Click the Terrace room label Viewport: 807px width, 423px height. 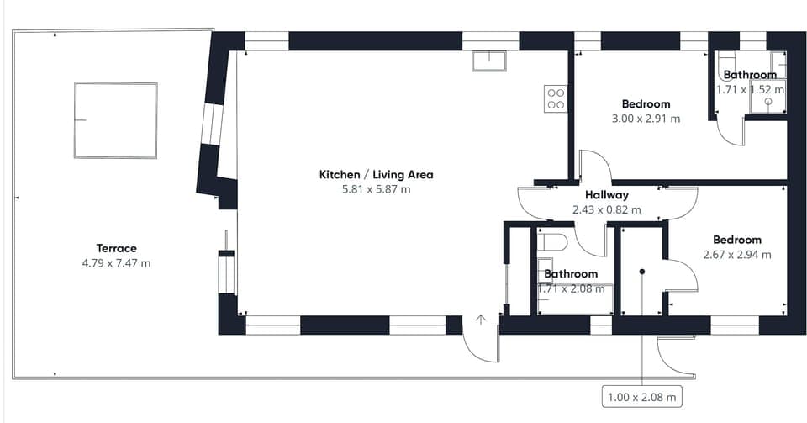pyautogui.click(x=116, y=248)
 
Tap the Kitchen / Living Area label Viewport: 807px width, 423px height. pyautogui.click(x=377, y=174)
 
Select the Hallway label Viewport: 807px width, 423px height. pyautogui.click(x=607, y=195)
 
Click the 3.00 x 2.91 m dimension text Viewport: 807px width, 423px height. pyautogui.click(x=646, y=119)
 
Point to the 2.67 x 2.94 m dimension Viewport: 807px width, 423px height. pyautogui.click(x=737, y=255)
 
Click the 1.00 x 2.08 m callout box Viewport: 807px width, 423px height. pyautogui.click(x=641, y=397)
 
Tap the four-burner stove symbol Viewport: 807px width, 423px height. pyautogui.click(x=556, y=98)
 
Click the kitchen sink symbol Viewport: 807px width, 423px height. pyautogui.click(x=489, y=61)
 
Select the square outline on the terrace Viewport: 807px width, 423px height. pyautogui.click(x=116, y=83)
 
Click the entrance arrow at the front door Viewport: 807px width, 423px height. pyautogui.click(x=481, y=320)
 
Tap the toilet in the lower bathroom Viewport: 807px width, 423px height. pyautogui.click(x=551, y=241)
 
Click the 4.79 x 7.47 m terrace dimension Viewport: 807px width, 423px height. pyautogui.click(x=116, y=263)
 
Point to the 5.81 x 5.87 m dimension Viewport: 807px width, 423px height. pyautogui.click(x=377, y=189)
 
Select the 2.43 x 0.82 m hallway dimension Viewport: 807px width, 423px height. pyautogui.click(x=607, y=210)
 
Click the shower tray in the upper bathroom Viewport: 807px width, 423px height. pyautogui.click(x=767, y=96)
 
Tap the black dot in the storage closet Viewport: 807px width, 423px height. pyautogui.click(x=642, y=271)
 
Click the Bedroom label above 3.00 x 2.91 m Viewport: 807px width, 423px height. pyautogui.click(x=646, y=104)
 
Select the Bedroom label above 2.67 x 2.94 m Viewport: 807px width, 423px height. pyautogui.click(x=737, y=240)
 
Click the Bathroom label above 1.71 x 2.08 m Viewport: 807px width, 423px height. pyautogui.click(x=571, y=274)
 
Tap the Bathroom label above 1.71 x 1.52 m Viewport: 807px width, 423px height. pyautogui.click(x=750, y=75)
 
